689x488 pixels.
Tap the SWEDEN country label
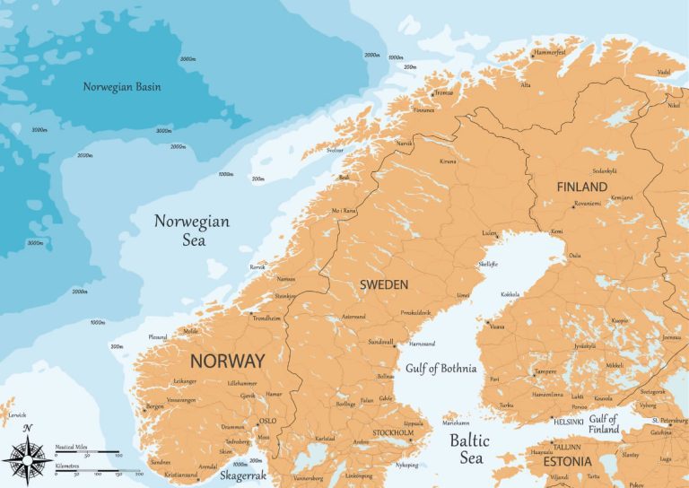pos(383,284)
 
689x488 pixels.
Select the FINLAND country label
pos(581,187)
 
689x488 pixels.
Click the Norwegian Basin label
pos(121,87)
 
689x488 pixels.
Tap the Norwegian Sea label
pos(191,230)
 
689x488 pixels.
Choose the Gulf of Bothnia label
pos(440,368)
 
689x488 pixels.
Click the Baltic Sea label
pos(470,449)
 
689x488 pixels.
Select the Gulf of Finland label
pos(604,424)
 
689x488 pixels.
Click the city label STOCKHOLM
pos(393,433)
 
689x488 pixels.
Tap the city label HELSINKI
pos(570,421)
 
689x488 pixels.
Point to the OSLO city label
pos(267,420)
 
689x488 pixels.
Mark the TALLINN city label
pos(566,446)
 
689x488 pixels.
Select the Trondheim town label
pos(267,318)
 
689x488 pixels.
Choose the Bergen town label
pos(155,406)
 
